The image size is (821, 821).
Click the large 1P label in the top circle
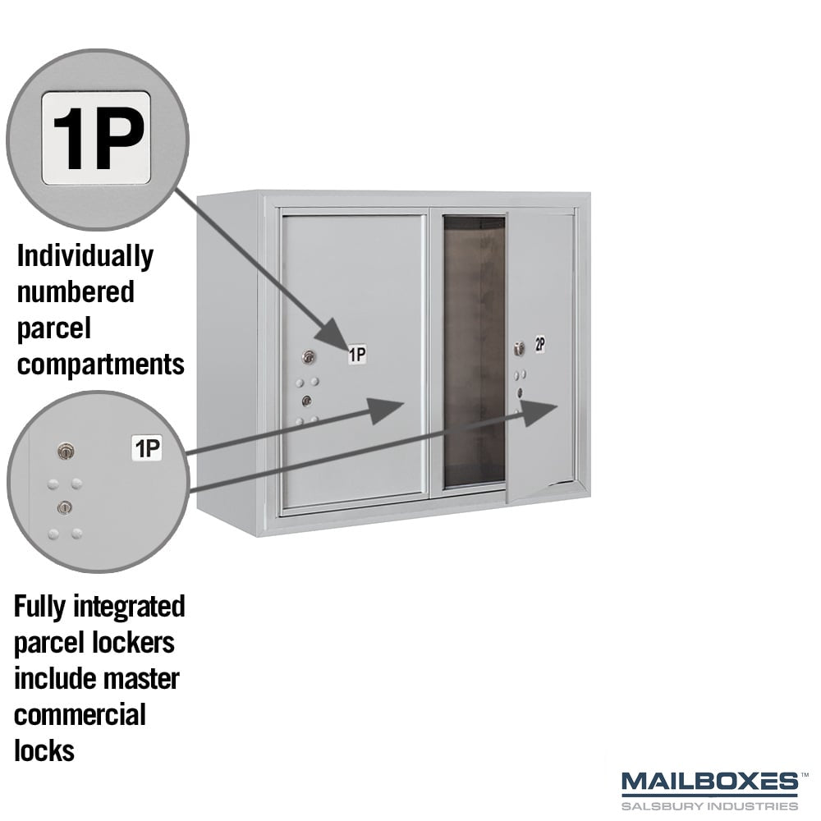pyautogui.click(x=96, y=138)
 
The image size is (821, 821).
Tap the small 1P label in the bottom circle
pyautogui.click(x=147, y=448)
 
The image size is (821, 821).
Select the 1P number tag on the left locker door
pyautogui.click(x=358, y=355)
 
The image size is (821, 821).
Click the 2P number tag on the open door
pyautogui.click(x=540, y=345)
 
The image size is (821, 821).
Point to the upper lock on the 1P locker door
pyautogui.click(x=309, y=357)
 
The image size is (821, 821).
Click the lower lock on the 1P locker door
pyautogui.click(x=307, y=401)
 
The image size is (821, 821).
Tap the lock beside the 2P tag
pyautogui.click(x=519, y=349)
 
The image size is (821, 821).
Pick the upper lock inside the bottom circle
pyautogui.click(x=66, y=452)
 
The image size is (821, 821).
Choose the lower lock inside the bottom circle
pyautogui.click(x=64, y=507)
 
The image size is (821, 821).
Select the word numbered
pyautogui.click(x=76, y=291)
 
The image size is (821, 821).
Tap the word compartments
pyautogui.click(x=100, y=365)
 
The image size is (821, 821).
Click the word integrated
pyautogui.click(x=130, y=607)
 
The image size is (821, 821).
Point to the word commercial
pyautogui.click(x=80, y=715)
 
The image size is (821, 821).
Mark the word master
pyautogui.click(x=142, y=679)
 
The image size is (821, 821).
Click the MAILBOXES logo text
pyautogui.click(x=709, y=782)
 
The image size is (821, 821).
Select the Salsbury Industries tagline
pyautogui.click(x=709, y=805)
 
